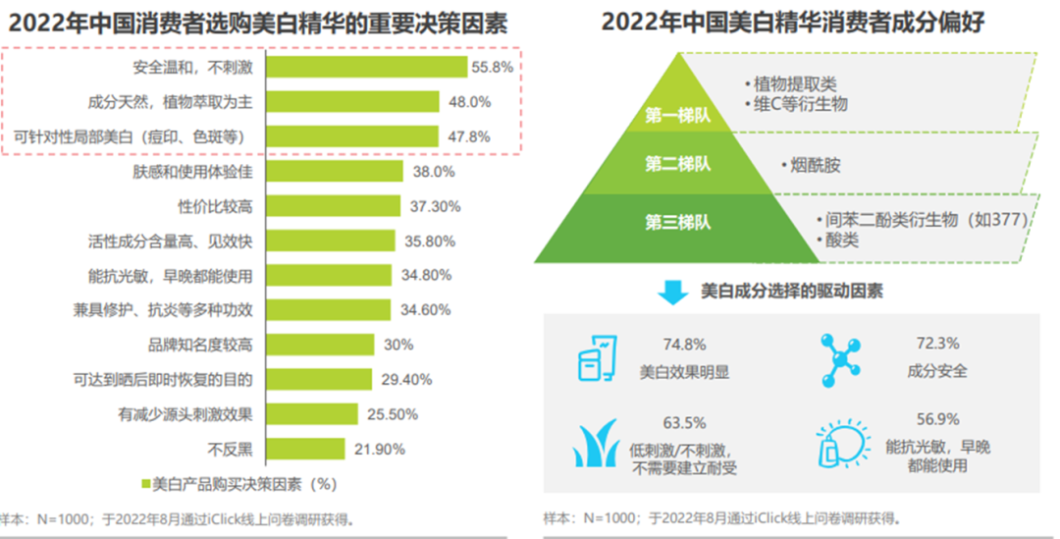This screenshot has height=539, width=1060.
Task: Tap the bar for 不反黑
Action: pos(305,449)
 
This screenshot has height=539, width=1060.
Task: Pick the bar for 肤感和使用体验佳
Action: pos(335,171)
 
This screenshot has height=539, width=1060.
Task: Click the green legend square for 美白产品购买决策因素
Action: pos(147,484)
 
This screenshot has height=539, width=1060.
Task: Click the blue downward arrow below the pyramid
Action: pos(672,293)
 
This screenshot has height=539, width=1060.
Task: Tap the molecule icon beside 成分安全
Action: pos(843,360)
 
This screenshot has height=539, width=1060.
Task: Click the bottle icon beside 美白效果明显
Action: pos(597,358)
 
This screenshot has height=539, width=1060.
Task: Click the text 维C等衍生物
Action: pos(802,103)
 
